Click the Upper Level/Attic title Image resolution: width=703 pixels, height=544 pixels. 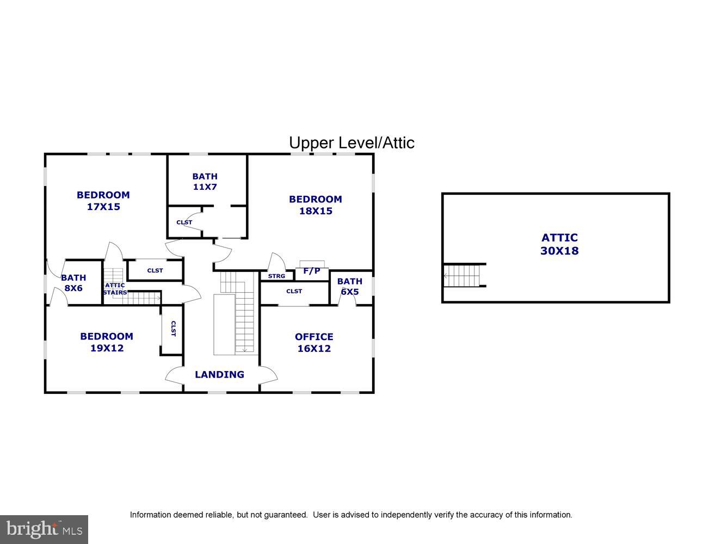point(351,143)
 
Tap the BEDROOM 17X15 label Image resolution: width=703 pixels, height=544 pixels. point(103,201)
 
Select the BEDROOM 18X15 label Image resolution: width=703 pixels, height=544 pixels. point(315,205)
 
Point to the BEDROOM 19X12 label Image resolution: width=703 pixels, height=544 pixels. point(107,342)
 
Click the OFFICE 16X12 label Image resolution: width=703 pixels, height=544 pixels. point(314,343)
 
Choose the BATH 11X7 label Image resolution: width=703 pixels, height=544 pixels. point(205,181)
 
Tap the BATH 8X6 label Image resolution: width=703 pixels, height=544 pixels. point(73,283)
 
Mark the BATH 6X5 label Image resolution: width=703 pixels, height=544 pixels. point(349,286)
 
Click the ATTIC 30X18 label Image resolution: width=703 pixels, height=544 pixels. point(559,244)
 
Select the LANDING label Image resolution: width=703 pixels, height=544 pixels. point(219,374)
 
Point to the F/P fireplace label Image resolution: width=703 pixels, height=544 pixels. point(312,271)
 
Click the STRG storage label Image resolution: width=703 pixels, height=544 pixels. point(276,276)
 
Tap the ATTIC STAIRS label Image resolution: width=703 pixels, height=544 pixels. point(115,289)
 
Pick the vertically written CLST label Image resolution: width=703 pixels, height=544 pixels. point(173,329)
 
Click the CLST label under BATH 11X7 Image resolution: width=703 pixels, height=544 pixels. point(184,222)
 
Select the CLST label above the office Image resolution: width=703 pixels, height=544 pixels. point(294,292)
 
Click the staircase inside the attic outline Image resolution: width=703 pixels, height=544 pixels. point(462,275)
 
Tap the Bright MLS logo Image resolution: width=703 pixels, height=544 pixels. point(44,529)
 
